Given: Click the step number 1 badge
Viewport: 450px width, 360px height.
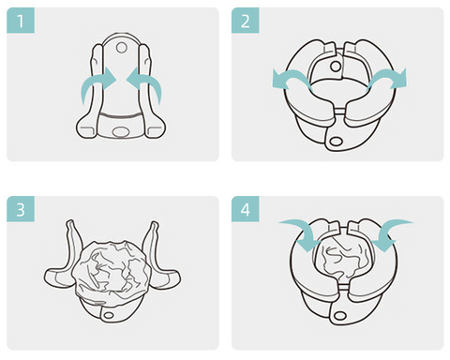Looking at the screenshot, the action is (21, 21).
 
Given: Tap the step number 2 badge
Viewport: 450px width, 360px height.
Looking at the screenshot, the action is (246, 21).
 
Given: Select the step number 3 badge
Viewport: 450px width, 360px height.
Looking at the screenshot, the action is (21, 209).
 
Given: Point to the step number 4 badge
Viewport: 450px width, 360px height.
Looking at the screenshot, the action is (246, 209).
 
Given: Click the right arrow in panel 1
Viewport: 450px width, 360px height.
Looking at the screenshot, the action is (148, 82).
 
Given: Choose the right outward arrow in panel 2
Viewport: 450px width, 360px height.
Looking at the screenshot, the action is (387, 78).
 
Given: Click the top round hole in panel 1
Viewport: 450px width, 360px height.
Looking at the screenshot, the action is (121, 48).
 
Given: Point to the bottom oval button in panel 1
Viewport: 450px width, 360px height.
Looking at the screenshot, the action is (120, 131).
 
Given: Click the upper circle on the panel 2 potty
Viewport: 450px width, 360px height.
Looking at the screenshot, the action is (336, 67).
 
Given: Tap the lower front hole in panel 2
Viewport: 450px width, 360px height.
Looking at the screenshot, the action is (337, 142).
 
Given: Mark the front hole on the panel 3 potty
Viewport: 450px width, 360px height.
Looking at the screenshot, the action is (109, 315).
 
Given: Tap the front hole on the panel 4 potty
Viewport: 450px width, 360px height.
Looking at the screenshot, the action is (339, 316).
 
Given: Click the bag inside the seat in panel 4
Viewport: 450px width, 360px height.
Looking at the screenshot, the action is (342, 257).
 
